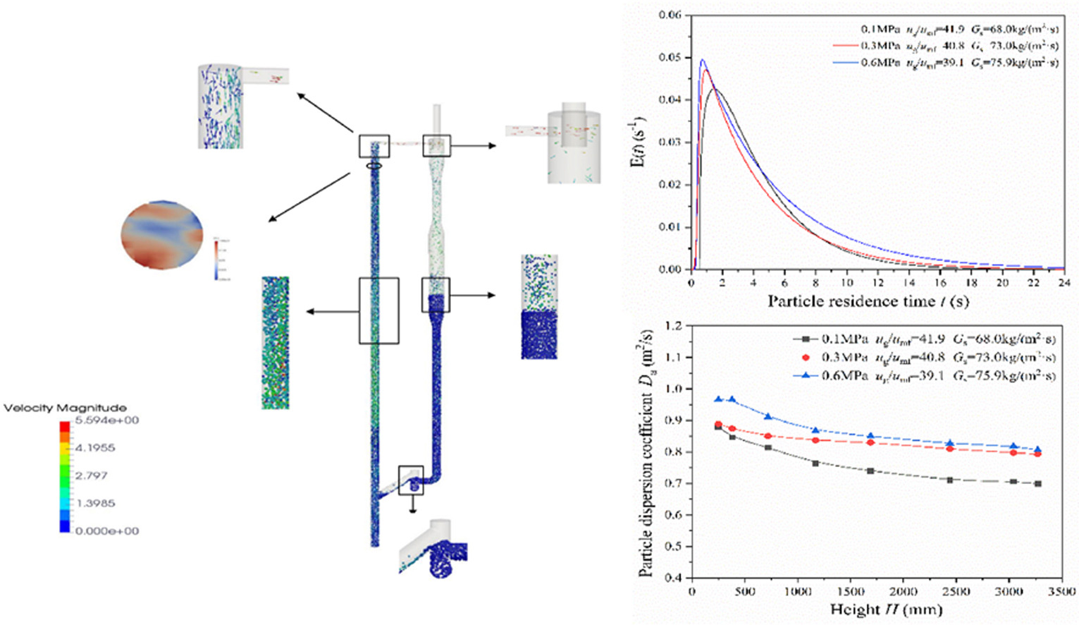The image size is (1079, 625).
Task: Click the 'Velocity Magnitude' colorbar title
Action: click(65, 408)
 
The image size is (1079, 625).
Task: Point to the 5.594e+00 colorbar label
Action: click(106, 420)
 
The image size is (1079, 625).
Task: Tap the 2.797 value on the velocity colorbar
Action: click(92, 475)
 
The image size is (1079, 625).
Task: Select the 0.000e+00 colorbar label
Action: click(106, 530)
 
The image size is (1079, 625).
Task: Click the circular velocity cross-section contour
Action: click(162, 233)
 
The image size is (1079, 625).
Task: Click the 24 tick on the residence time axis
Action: click(1063, 283)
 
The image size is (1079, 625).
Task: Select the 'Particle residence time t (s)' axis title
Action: click(868, 301)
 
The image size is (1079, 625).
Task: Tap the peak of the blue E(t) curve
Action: click(703, 60)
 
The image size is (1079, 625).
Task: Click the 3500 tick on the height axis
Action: click(1061, 591)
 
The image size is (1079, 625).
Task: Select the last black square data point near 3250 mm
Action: click(1038, 484)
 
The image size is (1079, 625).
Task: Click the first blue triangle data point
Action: click(718, 399)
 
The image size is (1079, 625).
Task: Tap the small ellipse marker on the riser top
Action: click(374, 166)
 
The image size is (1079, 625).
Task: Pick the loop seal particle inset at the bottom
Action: click(433, 550)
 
